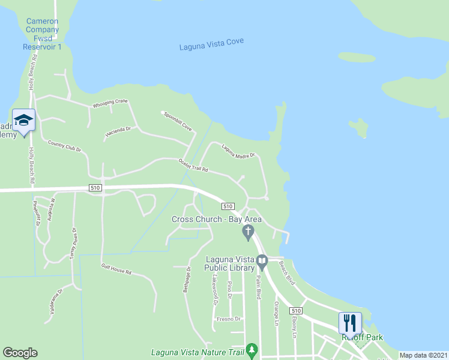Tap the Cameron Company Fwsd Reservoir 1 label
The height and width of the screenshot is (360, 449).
(x=42, y=34)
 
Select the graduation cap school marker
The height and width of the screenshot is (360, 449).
(x=23, y=121)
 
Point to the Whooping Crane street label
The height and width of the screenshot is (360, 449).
(x=110, y=104)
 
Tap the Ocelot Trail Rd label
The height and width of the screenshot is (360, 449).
(x=193, y=165)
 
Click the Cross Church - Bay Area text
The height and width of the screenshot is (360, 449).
(x=217, y=219)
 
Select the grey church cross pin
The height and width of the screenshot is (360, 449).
(x=247, y=231)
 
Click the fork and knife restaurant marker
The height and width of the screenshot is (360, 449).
(x=349, y=323)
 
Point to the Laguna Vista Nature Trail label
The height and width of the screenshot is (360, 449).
(x=198, y=352)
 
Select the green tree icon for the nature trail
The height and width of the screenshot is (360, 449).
(x=252, y=349)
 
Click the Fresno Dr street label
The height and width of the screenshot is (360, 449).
(x=228, y=319)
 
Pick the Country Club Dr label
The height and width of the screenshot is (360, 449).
(x=64, y=146)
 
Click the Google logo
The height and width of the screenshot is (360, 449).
(x=20, y=353)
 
